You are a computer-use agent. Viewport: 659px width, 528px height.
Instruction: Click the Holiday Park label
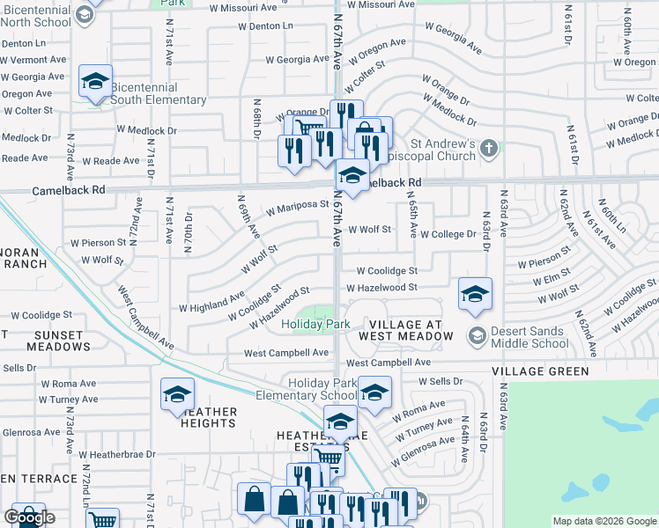pos(316,324)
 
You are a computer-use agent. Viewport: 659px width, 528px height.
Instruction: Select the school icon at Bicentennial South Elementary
pos(95,84)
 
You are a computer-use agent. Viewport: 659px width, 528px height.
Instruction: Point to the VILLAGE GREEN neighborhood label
pos(540,371)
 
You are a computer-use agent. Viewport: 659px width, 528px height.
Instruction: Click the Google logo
pos(29,517)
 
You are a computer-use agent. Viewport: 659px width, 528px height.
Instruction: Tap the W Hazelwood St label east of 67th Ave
pos(381,288)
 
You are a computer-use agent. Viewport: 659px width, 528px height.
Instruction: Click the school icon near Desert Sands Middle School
pos(475,295)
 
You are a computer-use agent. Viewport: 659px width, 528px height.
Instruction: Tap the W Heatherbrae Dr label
pos(117,455)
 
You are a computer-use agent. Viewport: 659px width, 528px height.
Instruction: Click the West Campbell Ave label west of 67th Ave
pos(286,353)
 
